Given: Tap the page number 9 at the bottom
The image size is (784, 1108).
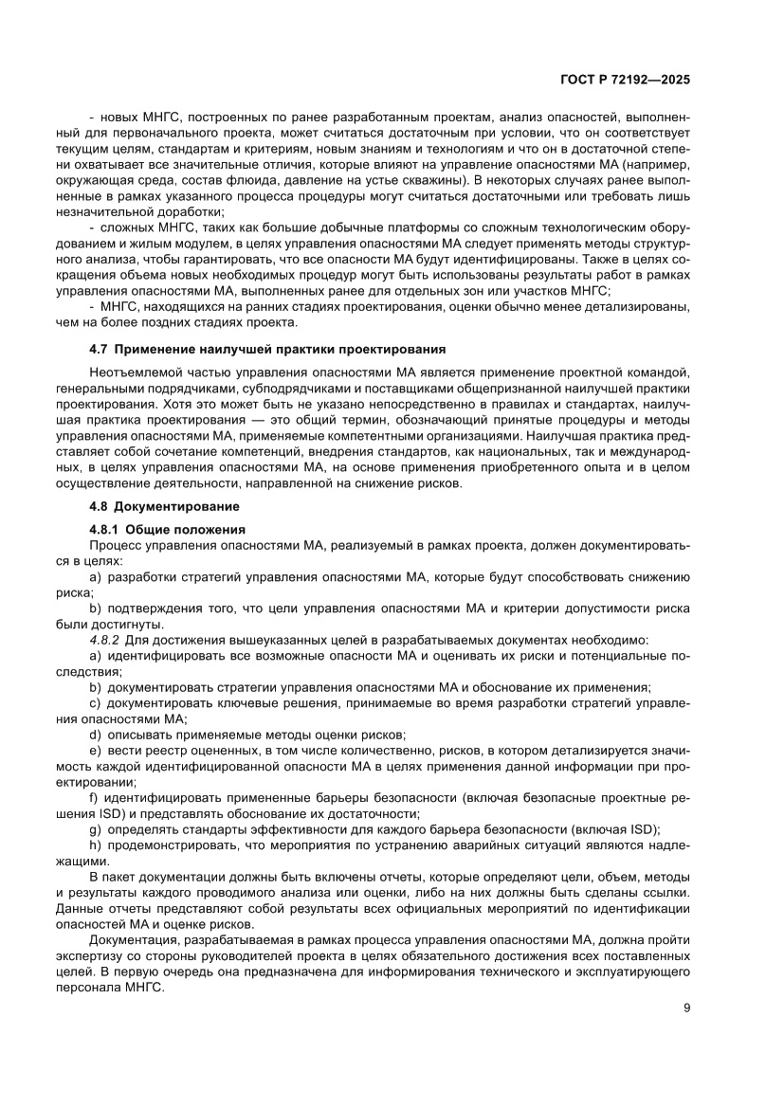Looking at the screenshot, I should pos(685,1008).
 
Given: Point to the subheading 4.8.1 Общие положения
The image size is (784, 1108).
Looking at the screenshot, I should pos(167,529).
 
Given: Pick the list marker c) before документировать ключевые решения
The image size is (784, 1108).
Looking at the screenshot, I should pos(94,702).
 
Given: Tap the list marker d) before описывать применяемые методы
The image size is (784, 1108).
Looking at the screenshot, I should pos(94,734).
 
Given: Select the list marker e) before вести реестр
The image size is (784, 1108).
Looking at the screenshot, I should pos(94,750).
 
